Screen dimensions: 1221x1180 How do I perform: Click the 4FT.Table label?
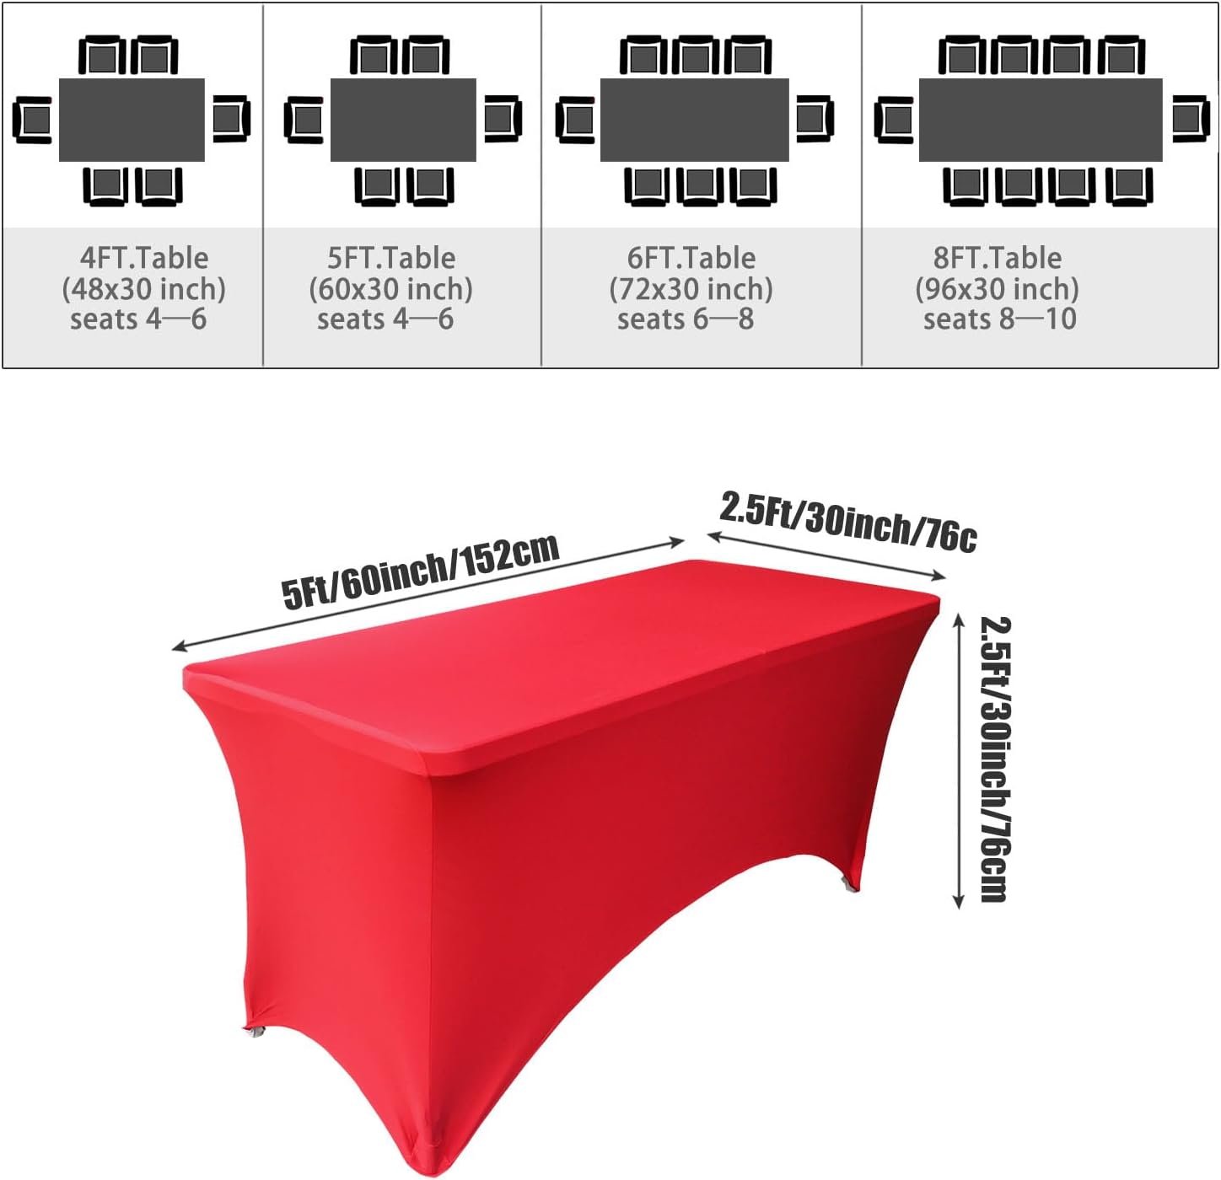click(x=144, y=258)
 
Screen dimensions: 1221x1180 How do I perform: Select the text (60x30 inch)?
click(x=390, y=289)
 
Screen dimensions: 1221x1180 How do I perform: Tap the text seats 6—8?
click(x=685, y=319)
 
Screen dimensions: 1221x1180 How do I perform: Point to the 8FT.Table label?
click(x=998, y=258)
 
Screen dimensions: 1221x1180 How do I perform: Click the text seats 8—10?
click(x=999, y=319)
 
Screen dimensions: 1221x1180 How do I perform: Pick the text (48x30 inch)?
click(x=144, y=289)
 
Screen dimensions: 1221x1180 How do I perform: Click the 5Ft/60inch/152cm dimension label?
click(x=420, y=571)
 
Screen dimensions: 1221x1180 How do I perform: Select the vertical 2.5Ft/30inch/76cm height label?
click(x=995, y=759)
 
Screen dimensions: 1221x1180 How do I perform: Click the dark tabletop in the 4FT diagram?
click(x=132, y=120)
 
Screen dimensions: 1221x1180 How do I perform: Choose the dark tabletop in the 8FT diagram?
click(x=1040, y=120)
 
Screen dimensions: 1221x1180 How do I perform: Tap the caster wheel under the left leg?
click(x=254, y=1032)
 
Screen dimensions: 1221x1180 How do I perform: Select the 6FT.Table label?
click(x=691, y=258)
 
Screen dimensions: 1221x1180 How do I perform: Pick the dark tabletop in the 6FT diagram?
click(x=694, y=120)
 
